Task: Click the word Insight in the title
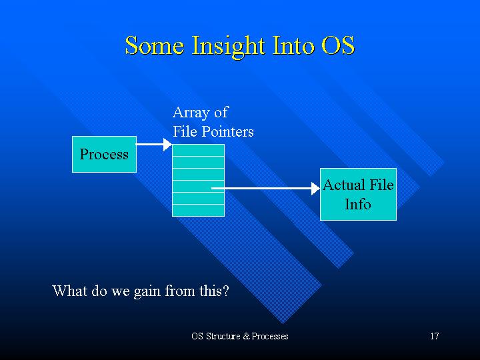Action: point(228,47)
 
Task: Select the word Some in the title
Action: point(155,45)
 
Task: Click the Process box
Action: point(105,154)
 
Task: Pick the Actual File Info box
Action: point(358,194)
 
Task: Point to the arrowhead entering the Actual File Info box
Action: point(315,188)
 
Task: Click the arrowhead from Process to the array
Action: point(167,144)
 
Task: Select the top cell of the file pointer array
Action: point(199,150)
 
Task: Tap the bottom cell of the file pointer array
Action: point(199,210)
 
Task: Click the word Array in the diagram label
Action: point(190,113)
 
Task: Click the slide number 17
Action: point(435,336)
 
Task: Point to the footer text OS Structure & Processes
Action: point(240,336)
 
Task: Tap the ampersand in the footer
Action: point(247,336)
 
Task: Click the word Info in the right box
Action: point(358,204)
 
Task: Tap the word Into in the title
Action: point(293,45)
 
